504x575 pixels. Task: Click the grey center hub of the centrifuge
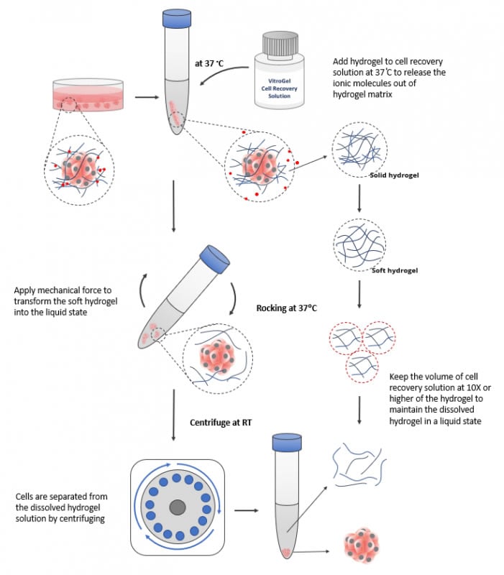pos(177,507)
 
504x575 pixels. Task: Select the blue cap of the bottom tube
pos(288,440)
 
